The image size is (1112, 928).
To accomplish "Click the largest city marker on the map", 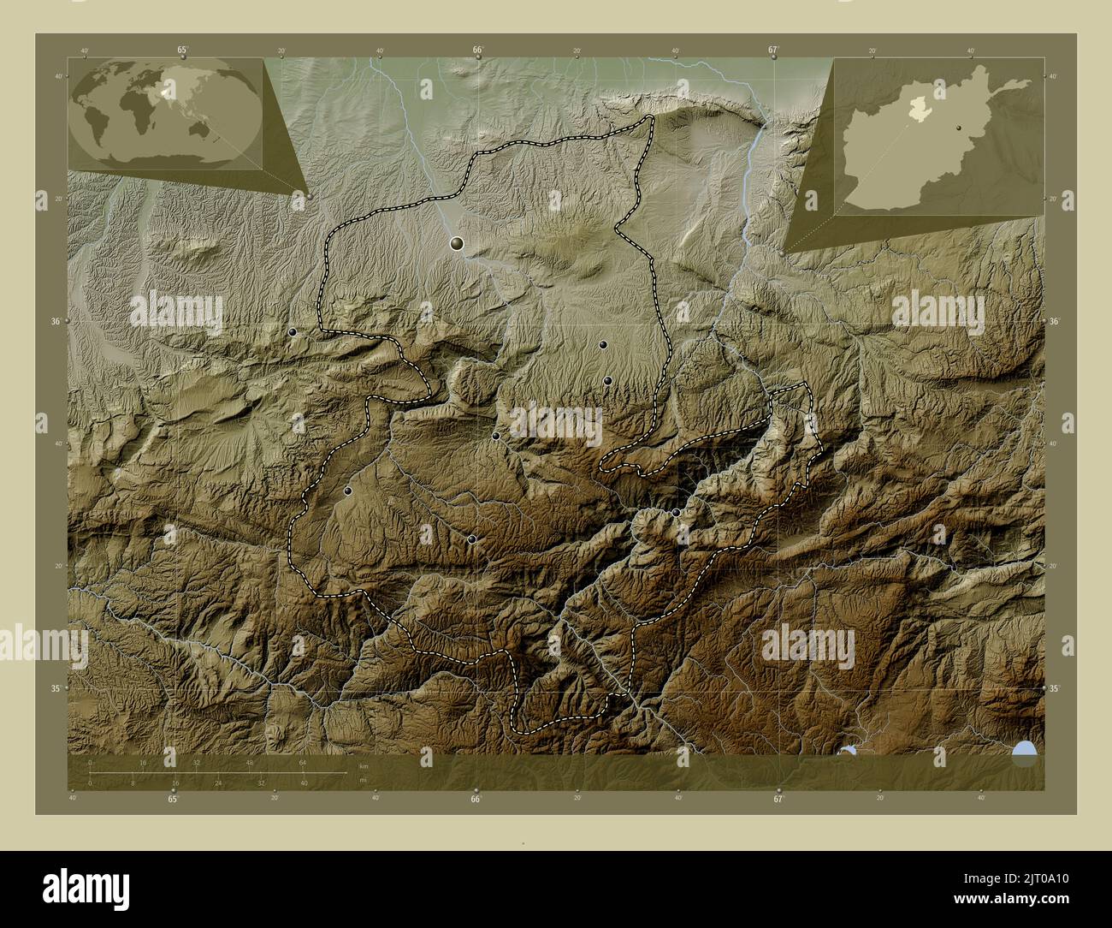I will pyautogui.click(x=458, y=244).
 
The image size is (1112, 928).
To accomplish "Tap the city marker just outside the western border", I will pyautogui.click(x=293, y=331).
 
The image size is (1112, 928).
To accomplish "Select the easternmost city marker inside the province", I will pyautogui.click(x=676, y=512).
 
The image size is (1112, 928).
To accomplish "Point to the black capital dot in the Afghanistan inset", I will pyautogui.click(x=960, y=128).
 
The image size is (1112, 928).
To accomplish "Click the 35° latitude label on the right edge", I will pyautogui.click(x=1056, y=688).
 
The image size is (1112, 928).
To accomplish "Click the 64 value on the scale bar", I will pyautogui.click(x=302, y=762).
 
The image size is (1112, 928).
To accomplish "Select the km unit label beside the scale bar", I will pyautogui.click(x=364, y=766).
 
